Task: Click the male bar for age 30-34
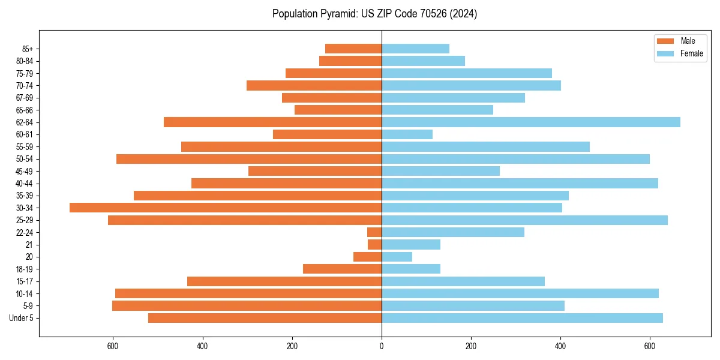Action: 226,208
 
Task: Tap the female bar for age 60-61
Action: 407,134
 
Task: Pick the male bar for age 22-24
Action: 374,232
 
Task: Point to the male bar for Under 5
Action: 265,318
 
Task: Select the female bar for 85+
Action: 415,49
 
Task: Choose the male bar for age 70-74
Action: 314,85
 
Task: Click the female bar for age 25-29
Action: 524,220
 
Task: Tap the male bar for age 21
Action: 375,244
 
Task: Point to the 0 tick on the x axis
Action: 382,346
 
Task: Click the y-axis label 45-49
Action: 25,171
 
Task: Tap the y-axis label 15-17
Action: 25,281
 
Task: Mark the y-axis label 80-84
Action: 25,61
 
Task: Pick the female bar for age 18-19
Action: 411,269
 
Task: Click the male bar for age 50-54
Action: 249,159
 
